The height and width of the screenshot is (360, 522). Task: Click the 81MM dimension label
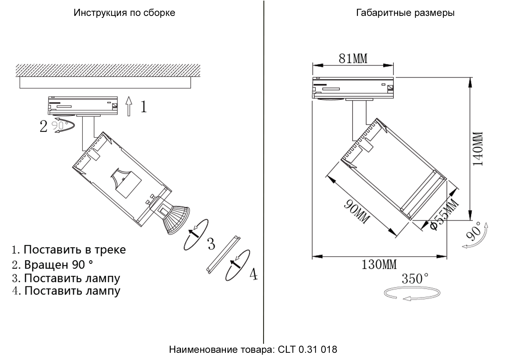click(353, 58)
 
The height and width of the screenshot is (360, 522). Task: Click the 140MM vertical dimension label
click(478, 149)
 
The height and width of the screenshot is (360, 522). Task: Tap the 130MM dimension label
click(379, 265)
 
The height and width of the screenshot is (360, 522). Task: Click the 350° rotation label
click(415, 279)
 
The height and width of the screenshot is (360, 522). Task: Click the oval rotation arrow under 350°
click(412, 293)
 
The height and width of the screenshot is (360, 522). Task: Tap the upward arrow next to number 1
click(129, 106)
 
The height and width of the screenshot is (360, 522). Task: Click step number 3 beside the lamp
click(211, 244)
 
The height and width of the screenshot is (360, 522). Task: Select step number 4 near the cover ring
click(253, 274)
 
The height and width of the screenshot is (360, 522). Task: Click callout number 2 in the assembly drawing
click(43, 126)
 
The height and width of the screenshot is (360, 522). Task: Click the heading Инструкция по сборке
click(124, 13)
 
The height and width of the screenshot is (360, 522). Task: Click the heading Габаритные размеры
click(405, 13)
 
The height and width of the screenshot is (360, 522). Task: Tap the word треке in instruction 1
click(110, 250)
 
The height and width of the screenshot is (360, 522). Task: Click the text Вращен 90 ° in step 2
click(58, 265)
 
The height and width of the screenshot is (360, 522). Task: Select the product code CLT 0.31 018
click(307, 349)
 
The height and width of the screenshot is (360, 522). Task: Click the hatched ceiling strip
click(108, 70)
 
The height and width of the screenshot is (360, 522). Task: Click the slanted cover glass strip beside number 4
click(223, 255)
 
